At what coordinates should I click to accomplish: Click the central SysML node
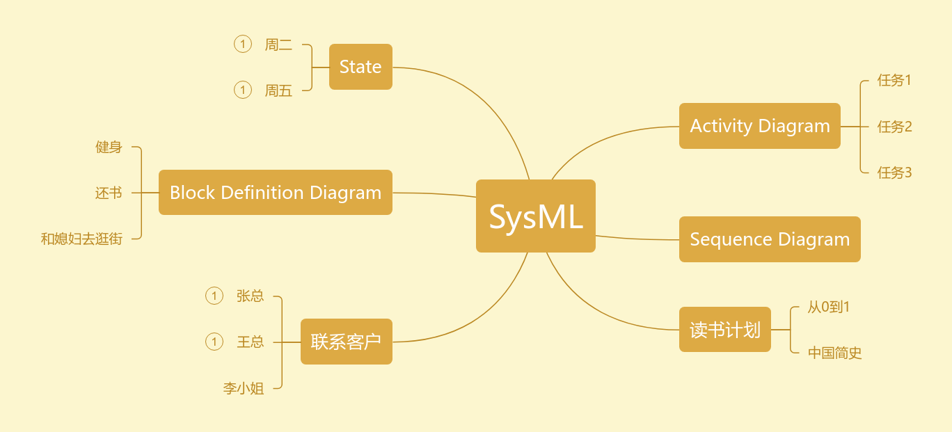pos(535,216)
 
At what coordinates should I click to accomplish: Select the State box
pos(360,67)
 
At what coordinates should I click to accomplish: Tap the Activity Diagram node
pos(759,126)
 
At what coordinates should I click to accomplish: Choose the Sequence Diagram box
pos(770,239)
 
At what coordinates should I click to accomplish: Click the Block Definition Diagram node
pos(276,193)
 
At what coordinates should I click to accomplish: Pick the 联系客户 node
pos(346,342)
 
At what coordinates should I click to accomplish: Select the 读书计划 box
pos(724,330)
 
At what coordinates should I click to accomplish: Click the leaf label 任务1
pos(894,80)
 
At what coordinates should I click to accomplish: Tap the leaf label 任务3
pos(894,173)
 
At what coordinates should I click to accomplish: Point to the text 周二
pos(278,45)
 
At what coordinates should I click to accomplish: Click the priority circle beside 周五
pos(242,90)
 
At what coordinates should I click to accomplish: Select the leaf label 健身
pos(109,147)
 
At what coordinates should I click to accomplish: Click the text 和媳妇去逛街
pos(81,239)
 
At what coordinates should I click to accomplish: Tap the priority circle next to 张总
pos(214,296)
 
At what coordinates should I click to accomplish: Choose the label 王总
pos(251,342)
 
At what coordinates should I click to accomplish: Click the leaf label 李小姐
pos(244,388)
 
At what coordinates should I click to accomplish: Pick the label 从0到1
pos(828,307)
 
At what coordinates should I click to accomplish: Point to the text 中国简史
pos(834,353)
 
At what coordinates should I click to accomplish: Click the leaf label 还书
pos(109,193)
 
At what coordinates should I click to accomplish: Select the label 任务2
pos(894,127)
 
